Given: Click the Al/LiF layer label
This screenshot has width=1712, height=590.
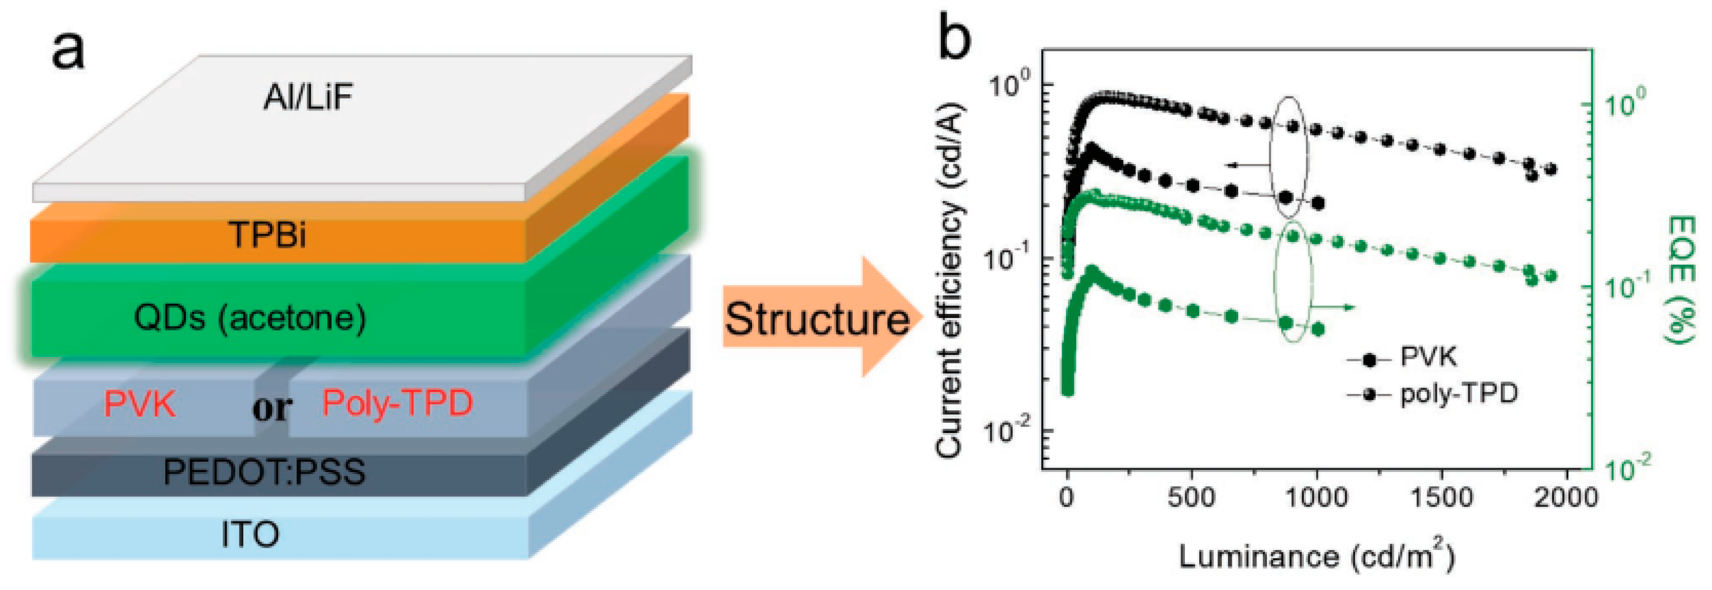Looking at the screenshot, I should tap(308, 98).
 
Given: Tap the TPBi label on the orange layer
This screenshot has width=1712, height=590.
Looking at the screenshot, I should tap(267, 235).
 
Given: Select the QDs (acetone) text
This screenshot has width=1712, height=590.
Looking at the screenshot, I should tap(250, 318).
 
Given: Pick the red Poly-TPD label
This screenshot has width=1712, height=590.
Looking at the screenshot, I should tap(397, 403).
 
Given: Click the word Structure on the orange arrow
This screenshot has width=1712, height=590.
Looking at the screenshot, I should tap(816, 319).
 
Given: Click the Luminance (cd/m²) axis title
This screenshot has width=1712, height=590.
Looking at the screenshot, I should tap(1316, 556).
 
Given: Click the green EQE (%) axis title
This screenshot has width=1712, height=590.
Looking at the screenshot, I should tap(1682, 279).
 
